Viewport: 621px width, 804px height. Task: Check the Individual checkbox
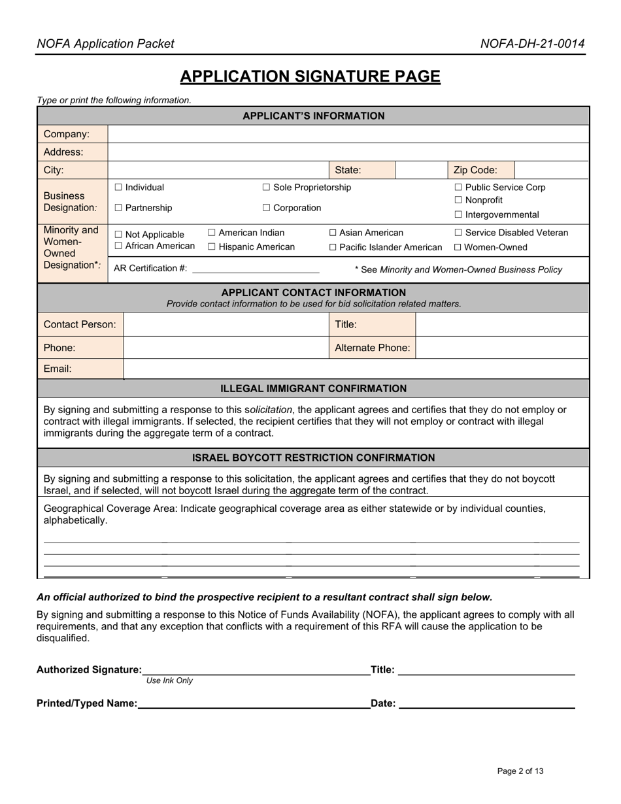[x=118, y=188]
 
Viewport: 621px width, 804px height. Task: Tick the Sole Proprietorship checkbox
[x=266, y=188]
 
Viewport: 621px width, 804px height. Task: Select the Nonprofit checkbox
[x=458, y=200]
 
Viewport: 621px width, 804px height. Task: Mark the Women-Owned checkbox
[x=458, y=247]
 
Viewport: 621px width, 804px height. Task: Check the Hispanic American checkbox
[x=212, y=247]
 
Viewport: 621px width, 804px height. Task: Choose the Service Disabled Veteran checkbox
[x=458, y=233]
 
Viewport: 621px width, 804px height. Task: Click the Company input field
[x=348, y=134]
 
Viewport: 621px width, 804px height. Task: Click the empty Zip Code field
[x=551, y=170]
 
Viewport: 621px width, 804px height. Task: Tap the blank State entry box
[x=421, y=170]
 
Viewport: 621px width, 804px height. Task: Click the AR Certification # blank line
[x=256, y=269]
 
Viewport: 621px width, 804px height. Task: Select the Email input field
[x=356, y=369]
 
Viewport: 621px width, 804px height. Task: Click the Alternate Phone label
[x=372, y=348]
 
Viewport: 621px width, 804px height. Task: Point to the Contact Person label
[x=80, y=324]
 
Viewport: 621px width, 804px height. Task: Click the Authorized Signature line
[x=256, y=669]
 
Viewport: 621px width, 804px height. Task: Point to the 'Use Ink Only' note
[x=169, y=680]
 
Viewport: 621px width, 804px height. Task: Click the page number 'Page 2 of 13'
[x=520, y=771]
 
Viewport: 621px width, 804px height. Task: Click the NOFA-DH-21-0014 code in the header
[x=532, y=44]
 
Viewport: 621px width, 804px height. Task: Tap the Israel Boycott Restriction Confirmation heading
[x=313, y=458]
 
